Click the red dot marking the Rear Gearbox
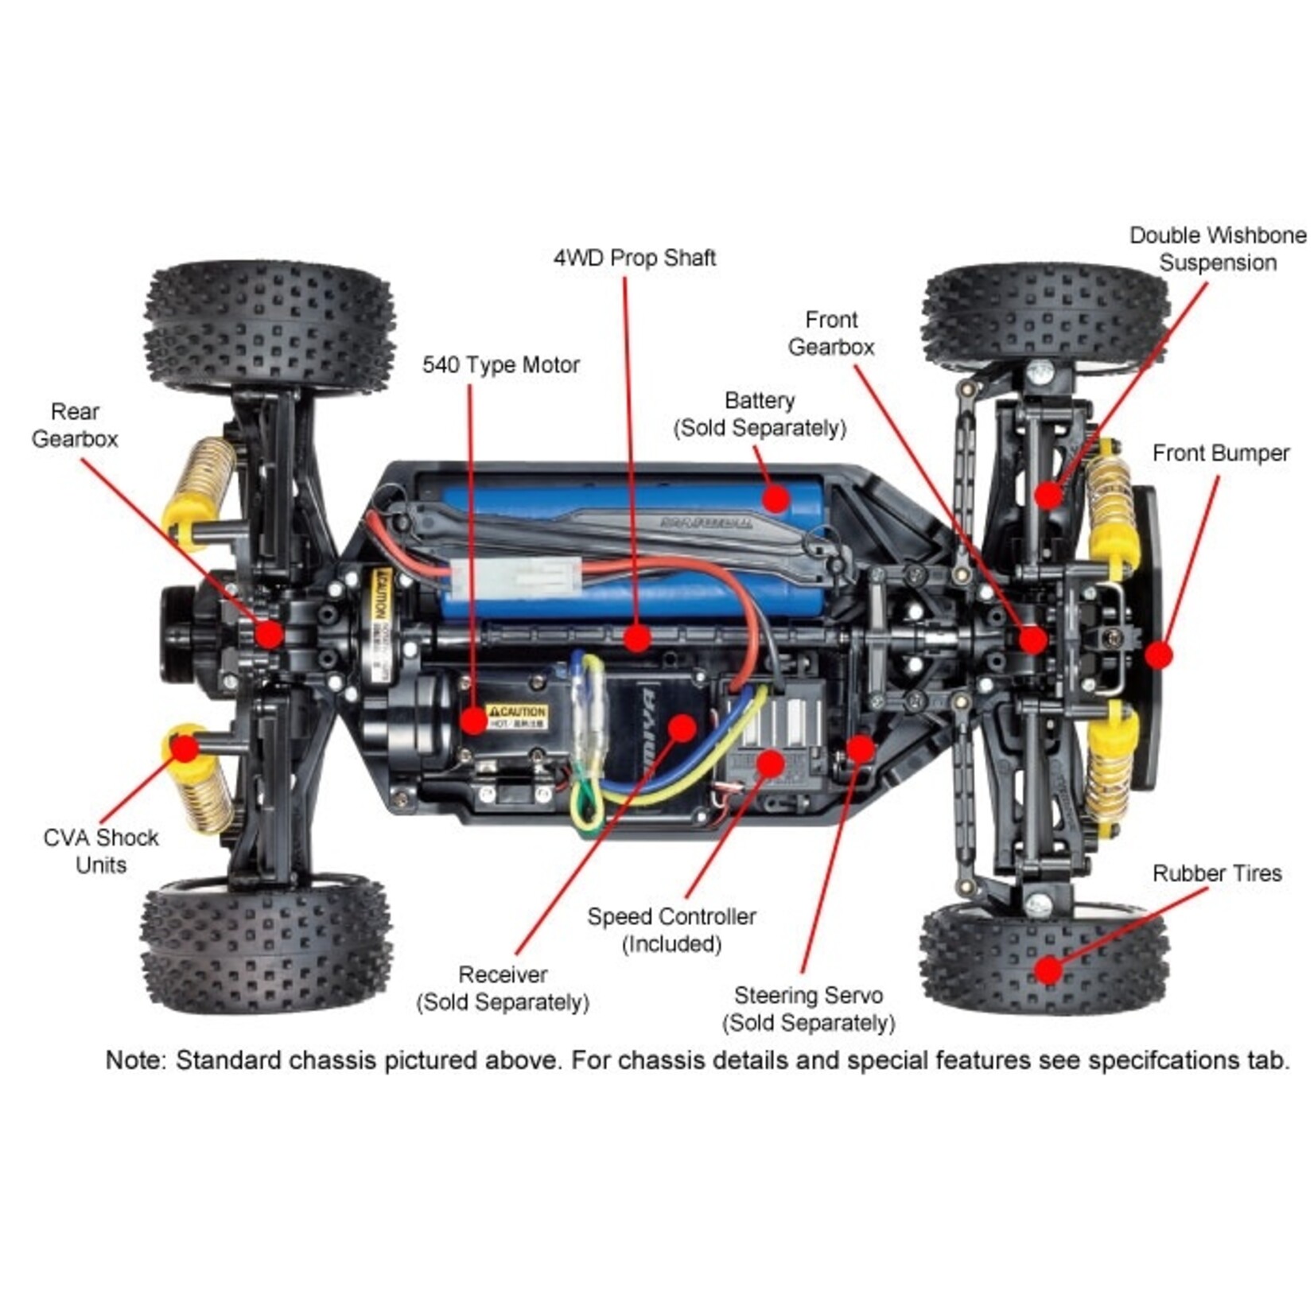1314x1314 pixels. coord(269,634)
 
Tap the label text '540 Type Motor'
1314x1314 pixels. coord(500,365)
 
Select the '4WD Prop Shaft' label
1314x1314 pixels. coord(634,258)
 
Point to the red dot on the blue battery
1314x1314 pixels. coord(775,499)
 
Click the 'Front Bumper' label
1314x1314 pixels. coord(1220,453)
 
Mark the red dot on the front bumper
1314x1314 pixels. coord(1159,655)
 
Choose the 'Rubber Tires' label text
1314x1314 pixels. coord(1216,873)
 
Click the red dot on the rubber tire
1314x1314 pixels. coord(1048,969)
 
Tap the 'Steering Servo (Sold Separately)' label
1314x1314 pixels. coord(808,1009)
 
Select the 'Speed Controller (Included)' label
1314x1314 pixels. coord(671,930)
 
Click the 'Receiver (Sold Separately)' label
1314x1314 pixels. coord(503,988)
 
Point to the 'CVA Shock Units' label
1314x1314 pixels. coord(101,850)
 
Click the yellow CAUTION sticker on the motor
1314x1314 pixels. coord(517,714)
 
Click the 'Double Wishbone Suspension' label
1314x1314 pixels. coord(1217,249)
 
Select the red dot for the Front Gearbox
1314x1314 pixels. coord(1033,640)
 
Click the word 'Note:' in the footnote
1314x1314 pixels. coord(136,1060)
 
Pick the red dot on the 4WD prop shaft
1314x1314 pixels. coord(636,637)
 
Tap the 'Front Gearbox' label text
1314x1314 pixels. coord(830,333)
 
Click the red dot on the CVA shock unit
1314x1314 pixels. coord(185,748)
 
